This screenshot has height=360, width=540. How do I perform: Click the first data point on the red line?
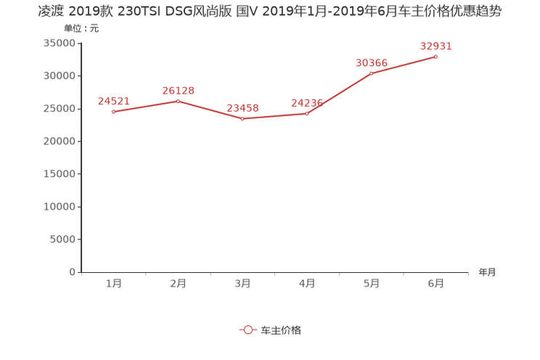(x=113, y=112)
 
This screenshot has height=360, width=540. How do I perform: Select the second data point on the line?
(x=178, y=100)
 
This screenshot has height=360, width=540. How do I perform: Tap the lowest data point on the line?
(x=242, y=119)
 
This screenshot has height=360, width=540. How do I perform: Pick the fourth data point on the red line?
(x=307, y=114)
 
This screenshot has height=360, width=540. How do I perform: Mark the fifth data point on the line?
(x=372, y=73)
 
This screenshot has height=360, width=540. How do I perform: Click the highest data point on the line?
(x=436, y=56)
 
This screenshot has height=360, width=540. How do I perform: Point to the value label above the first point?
(x=113, y=102)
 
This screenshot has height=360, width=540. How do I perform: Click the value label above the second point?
(x=178, y=90)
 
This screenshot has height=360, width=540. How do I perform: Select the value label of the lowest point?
(x=242, y=109)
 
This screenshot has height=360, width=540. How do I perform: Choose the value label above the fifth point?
(x=372, y=62)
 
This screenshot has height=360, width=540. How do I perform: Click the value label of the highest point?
(x=436, y=46)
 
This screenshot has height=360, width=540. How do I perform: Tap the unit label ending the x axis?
(x=488, y=273)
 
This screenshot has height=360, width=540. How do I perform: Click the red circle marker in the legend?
(x=247, y=330)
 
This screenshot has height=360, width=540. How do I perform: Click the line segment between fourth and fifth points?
(x=339, y=94)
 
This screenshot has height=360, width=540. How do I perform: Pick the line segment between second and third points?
(x=210, y=110)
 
